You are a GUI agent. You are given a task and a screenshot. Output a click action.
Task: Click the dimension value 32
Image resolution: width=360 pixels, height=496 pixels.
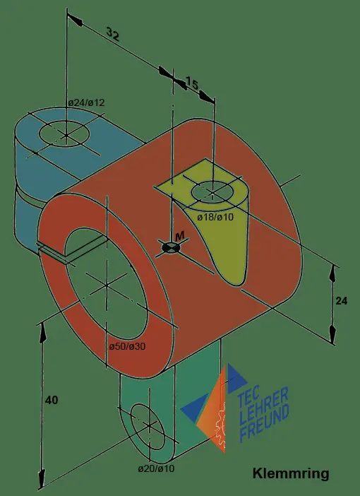(x=113, y=34)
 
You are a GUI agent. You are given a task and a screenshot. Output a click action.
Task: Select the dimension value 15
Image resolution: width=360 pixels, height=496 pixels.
(x=191, y=83)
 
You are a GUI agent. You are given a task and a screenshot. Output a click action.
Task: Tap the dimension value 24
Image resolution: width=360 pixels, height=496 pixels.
(x=342, y=301)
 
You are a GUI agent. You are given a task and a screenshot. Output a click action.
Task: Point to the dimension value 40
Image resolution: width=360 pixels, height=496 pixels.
(x=52, y=400)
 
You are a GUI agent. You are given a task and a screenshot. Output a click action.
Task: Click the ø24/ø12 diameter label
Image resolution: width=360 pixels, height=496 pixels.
(x=86, y=103)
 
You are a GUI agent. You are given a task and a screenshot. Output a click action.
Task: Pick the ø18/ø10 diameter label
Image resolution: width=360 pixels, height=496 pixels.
(x=215, y=217)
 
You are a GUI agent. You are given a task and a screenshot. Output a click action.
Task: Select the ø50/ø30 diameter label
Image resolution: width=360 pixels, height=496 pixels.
(x=127, y=346)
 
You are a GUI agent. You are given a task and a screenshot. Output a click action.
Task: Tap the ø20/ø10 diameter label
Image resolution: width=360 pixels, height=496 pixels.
(x=156, y=468)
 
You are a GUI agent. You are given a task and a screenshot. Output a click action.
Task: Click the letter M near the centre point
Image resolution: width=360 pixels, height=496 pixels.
(x=180, y=235)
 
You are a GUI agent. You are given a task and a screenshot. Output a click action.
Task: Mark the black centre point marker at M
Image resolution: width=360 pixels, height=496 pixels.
(x=171, y=248)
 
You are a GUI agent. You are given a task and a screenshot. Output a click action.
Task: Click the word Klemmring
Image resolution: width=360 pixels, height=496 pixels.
(x=291, y=474)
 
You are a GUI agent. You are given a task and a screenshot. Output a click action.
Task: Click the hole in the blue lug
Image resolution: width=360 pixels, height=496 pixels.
(x=64, y=133)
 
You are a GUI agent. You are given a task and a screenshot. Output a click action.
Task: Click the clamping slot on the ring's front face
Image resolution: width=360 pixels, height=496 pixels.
(x=53, y=253)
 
